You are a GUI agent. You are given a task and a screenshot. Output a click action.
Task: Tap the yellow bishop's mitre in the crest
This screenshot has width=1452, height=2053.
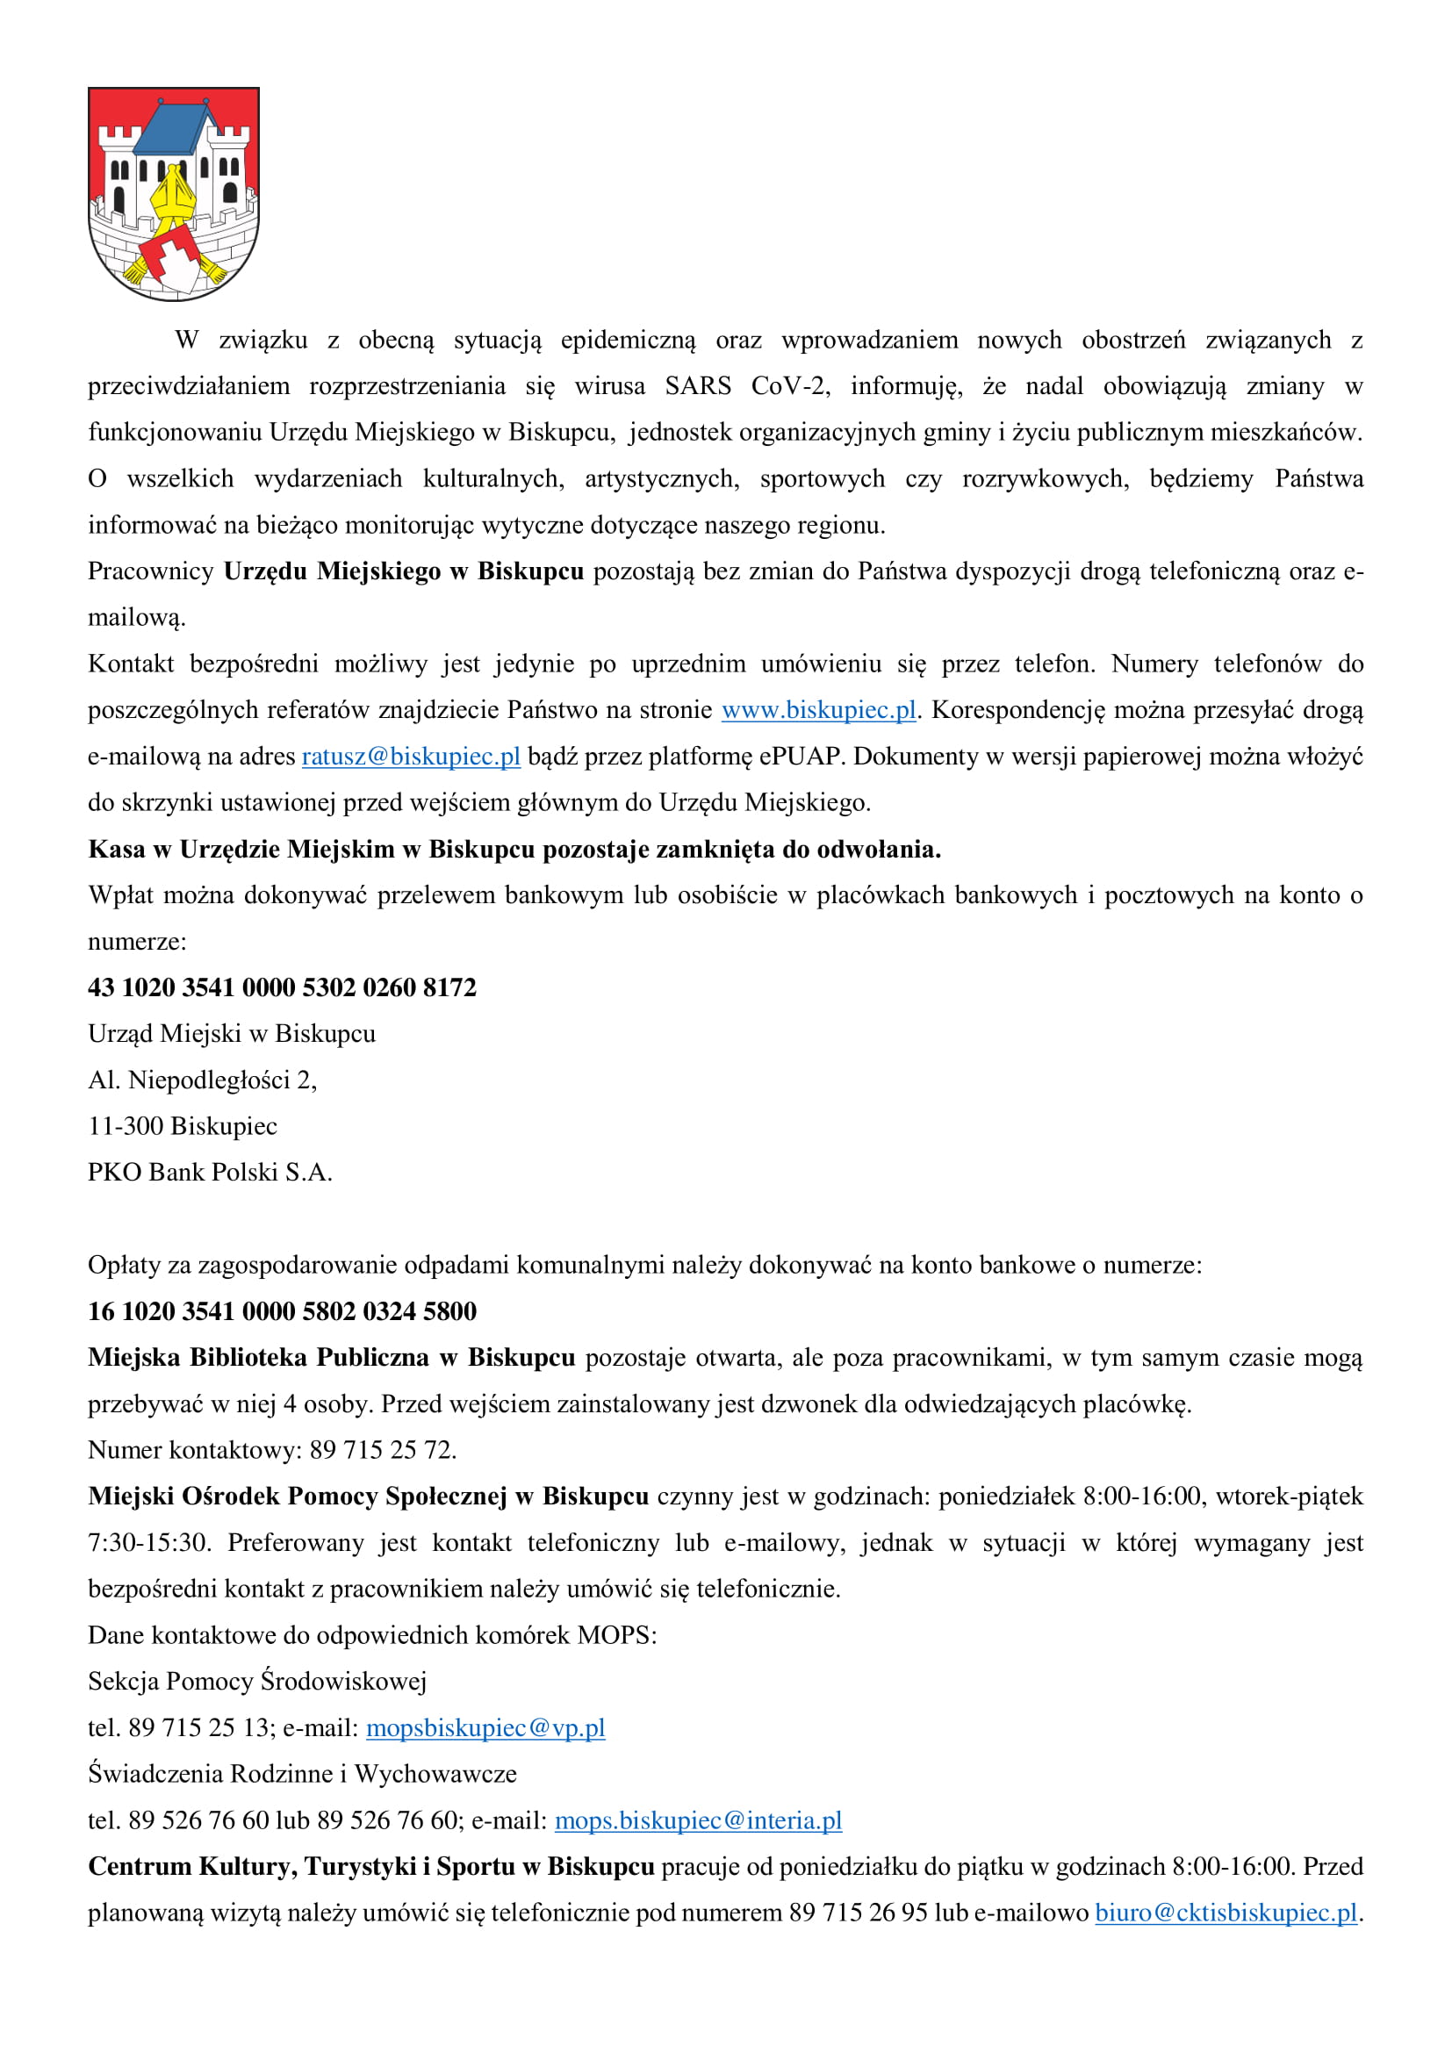pos(172,193)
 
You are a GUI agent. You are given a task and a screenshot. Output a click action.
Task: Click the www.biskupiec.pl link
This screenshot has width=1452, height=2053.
pos(818,710)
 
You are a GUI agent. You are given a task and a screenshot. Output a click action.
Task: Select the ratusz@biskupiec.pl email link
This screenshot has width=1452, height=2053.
pos(410,757)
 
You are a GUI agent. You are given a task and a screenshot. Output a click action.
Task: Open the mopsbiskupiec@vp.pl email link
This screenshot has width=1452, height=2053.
pos(485,1727)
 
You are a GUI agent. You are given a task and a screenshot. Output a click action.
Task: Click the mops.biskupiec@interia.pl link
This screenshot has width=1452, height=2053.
pos(698,1820)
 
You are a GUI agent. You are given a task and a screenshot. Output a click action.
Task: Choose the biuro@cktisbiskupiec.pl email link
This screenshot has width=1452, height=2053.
pos(1226,1913)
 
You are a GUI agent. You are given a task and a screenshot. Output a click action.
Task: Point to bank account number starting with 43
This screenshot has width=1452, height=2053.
pos(282,987)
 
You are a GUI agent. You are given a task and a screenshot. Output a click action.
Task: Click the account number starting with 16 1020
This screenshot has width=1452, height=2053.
pos(282,1310)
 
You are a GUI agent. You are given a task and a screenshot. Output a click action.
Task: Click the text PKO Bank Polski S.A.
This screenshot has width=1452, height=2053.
pos(210,1173)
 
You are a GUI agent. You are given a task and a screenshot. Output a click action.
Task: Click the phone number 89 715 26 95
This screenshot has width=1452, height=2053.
pos(859,1913)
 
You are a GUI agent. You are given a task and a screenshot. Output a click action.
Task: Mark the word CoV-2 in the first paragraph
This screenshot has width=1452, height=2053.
pos(789,386)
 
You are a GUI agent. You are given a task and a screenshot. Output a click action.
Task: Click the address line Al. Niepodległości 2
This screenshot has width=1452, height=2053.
pos(202,1080)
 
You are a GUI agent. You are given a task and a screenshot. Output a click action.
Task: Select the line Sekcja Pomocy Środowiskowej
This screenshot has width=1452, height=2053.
pos(257,1681)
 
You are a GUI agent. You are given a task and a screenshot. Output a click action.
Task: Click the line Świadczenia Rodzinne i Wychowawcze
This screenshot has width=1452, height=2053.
pos(302,1774)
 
